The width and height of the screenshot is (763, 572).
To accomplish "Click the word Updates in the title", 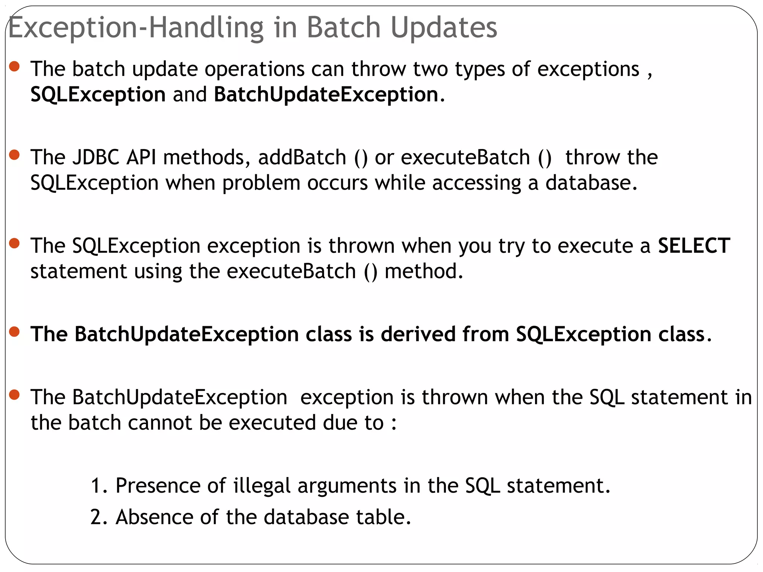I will pos(444,28).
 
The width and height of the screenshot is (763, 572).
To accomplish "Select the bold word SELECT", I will pos(694,246).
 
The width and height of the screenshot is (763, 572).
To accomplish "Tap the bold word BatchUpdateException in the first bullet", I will pos(326,94).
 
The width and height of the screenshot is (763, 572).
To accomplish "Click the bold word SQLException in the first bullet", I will pos(98,95).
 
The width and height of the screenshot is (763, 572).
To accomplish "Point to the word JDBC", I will pos(96,157).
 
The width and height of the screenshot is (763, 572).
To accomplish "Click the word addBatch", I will pos(302,157).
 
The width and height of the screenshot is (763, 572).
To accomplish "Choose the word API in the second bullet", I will pos(141,157).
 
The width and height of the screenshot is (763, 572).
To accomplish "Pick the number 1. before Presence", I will pos(99,486).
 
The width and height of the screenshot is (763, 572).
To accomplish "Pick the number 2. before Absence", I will pos(99,517).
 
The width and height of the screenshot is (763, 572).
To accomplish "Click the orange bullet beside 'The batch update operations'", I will pos(14,67).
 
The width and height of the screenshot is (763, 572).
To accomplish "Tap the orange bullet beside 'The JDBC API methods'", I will pos(14,155).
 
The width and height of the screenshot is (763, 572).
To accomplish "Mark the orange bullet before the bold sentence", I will pos(14,331).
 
